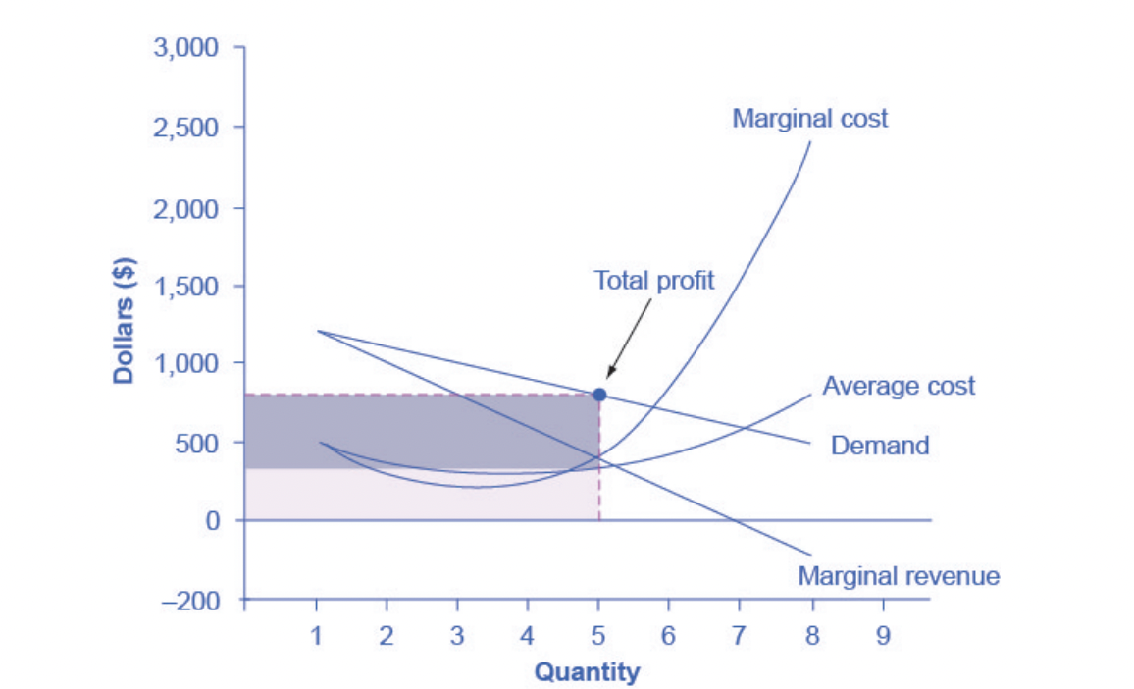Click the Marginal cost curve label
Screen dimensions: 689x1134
point(809,119)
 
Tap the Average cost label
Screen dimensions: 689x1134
point(899,386)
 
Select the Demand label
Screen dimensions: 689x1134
point(880,446)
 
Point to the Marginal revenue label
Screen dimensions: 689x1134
point(899,576)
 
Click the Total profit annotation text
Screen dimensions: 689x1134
point(654,280)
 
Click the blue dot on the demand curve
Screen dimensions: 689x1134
point(599,395)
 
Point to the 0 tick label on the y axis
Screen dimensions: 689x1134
point(211,521)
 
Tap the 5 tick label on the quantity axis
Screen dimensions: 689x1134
point(598,636)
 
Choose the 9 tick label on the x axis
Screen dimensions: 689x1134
point(883,636)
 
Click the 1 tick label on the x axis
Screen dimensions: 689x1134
point(316,636)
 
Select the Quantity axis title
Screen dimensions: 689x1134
point(587,672)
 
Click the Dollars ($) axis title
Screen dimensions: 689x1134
point(125,322)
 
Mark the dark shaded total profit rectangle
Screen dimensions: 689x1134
point(422,432)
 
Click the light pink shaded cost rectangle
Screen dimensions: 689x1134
point(422,495)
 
